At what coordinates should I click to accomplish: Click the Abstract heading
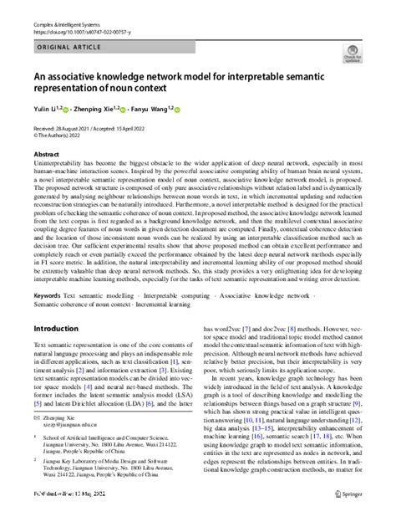[45, 155]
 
